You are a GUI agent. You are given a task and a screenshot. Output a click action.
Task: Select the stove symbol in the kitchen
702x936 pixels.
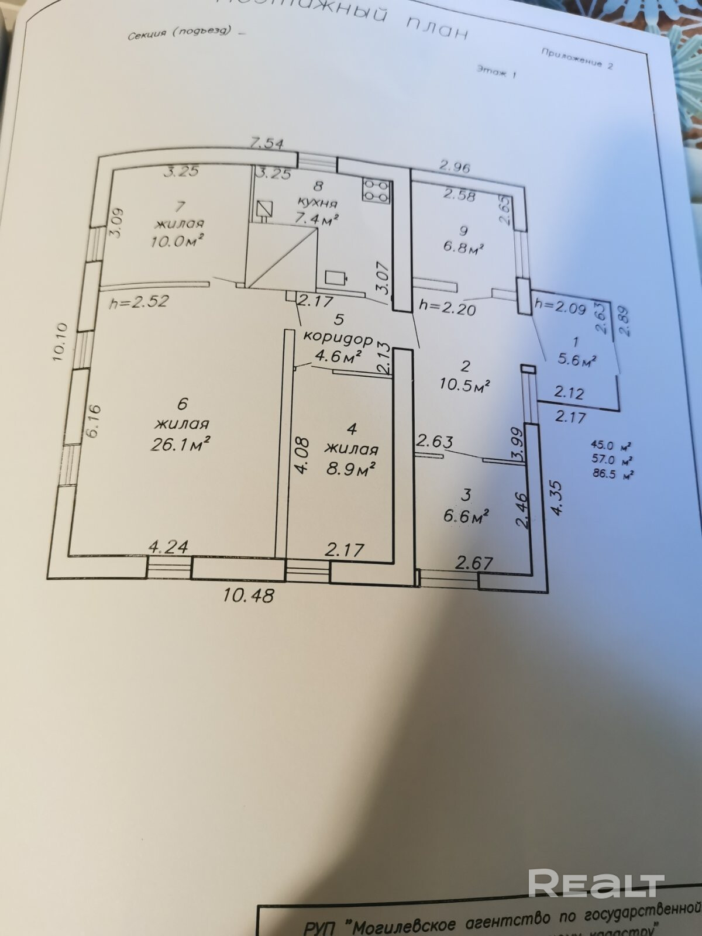tap(376, 190)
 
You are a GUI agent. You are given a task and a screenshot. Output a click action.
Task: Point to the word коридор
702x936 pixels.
tap(338, 338)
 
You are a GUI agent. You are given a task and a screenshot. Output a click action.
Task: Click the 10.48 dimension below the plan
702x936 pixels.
tap(249, 596)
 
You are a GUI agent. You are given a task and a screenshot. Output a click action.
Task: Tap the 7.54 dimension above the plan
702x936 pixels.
tap(267, 142)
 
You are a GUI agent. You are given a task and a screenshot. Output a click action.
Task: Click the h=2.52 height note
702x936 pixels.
tap(139, 301)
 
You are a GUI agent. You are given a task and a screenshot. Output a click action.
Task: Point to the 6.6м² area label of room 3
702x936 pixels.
tap(466, 515)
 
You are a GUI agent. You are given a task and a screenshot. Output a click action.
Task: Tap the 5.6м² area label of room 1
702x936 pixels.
tap(576, 359)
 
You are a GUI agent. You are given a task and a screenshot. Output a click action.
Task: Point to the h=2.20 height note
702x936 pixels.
tap(448, 307)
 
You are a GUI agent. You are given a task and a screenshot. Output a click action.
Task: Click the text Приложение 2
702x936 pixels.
tap(576, 57)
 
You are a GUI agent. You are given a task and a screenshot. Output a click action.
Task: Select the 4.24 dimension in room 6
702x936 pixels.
tap(168, 547)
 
